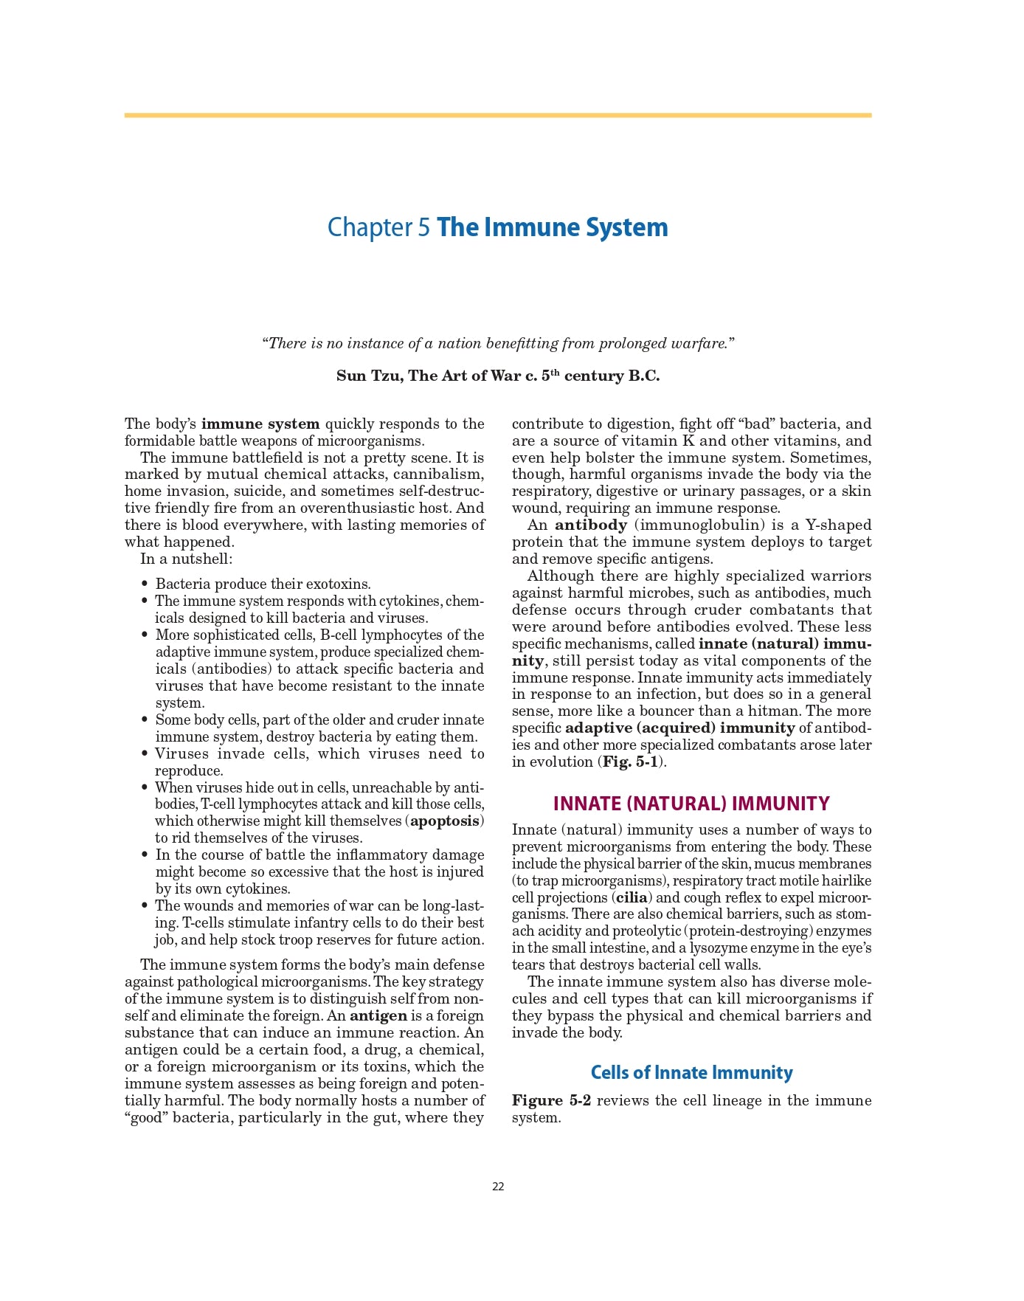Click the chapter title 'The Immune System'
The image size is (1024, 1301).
click(x=552, y=227)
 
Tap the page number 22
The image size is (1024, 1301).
click(x=498, y=1187)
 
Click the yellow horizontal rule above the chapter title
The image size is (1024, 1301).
click(x=498, y=115)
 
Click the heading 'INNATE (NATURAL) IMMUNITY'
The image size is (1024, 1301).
click(x=691, y=804)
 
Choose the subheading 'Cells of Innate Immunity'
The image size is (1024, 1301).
click(x=691, y=1072)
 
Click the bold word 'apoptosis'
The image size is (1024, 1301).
click(x=445, y=821)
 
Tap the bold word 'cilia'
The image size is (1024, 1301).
click(x=632, y=897)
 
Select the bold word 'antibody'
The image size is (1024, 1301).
click(x=590, y=525)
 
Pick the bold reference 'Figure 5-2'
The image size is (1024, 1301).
click(x=551, y=1100)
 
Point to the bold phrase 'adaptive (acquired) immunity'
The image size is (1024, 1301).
click(x=679, y=728)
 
